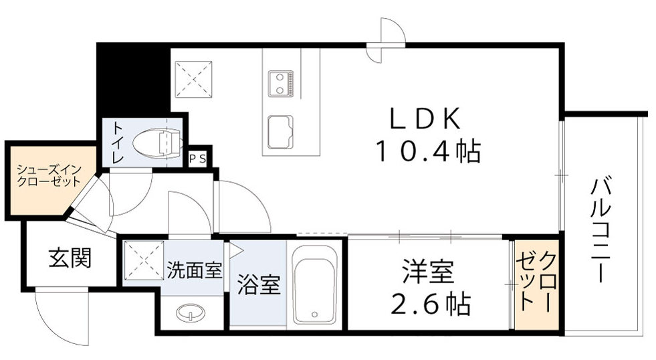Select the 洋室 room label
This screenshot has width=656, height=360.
(428, 272)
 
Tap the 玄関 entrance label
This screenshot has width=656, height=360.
(70, 258)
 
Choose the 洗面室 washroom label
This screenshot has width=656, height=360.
(194, 271)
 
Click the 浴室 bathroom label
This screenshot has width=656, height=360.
(255, 284)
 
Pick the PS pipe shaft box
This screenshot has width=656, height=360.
(197, 159)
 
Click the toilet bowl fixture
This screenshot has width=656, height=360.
(158, 141)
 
